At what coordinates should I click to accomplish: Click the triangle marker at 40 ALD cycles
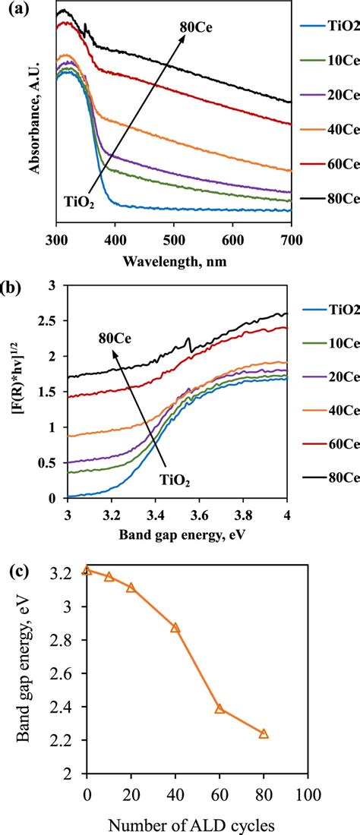point(175,628)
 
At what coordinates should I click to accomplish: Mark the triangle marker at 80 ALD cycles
point(264,734)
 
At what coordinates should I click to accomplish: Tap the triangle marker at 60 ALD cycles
point(219,709)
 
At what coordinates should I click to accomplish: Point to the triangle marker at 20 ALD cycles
point(131,588)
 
